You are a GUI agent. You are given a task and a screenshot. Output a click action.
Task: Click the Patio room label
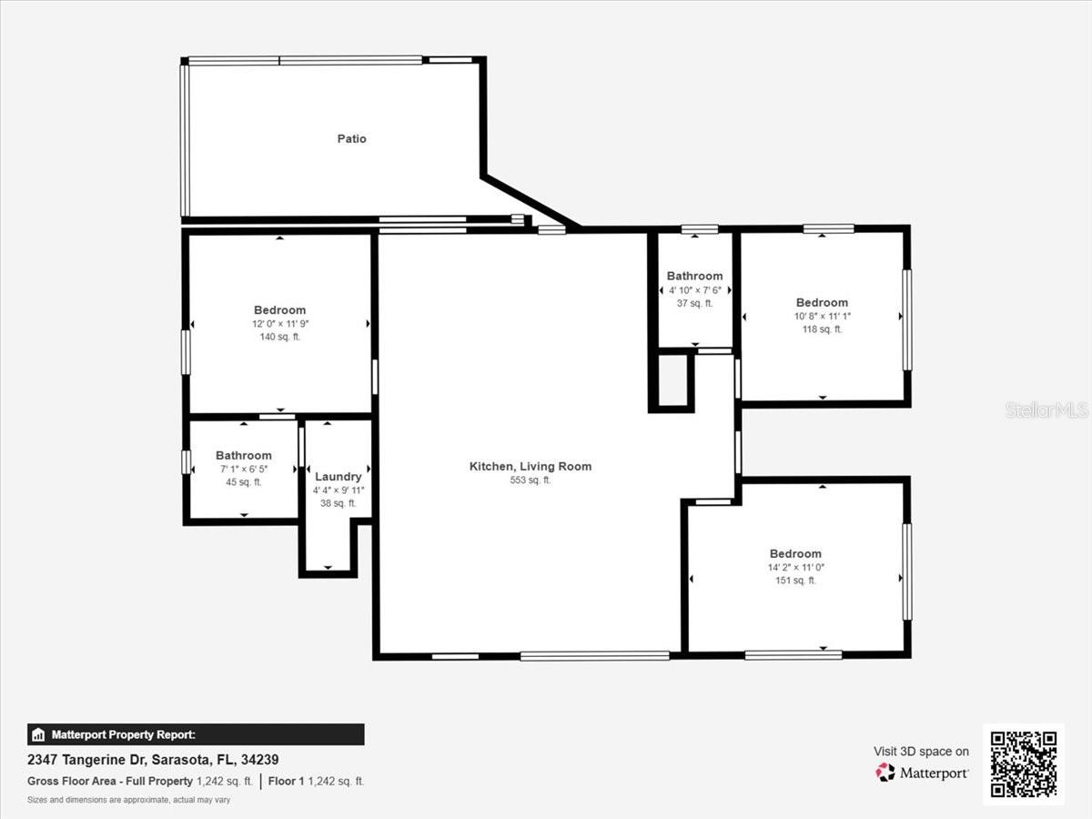click(x=352, y=138)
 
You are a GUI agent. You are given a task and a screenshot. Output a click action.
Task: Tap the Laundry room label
click(x=339, y=476)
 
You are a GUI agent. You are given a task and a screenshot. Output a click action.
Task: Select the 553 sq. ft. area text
click(x=531, y=480)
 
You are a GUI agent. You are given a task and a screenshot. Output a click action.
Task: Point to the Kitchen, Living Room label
click(x=531, y=467)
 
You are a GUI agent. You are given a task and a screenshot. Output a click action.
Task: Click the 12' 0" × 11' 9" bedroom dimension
click(x=280, y=324)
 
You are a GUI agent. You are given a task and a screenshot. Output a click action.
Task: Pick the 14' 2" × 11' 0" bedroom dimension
click(x=795, y=567)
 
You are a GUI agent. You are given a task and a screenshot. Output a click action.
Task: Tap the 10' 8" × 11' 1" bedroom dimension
click(x=822, y=317)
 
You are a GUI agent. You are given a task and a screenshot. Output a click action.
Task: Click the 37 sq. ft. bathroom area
click(x=694, y=303)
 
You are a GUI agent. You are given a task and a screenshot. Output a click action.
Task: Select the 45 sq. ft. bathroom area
click(x=243, y=482)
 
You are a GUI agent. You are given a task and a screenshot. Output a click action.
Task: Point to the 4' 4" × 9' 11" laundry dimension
click(x=339, y=490)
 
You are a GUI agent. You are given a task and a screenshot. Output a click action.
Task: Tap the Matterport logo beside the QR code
click(x=922, y=773)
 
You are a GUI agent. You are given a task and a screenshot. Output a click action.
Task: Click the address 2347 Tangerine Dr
click(x=87, y=760)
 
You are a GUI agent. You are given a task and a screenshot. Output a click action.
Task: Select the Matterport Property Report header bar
click(x=196, y=734)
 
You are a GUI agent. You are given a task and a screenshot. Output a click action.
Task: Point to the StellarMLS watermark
click(x=1046, y=409)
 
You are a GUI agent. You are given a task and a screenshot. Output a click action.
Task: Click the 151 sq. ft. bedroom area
click(x=795, y=581)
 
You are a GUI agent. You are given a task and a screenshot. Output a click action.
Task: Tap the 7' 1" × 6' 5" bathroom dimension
click(x=243, y=469)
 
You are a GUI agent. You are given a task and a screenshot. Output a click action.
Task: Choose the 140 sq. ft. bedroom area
click(x=280, y=337)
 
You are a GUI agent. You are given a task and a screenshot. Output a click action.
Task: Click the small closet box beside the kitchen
click(x=672, y=381)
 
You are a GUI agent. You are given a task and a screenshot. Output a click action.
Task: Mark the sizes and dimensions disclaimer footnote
click(x=128, y=800)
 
